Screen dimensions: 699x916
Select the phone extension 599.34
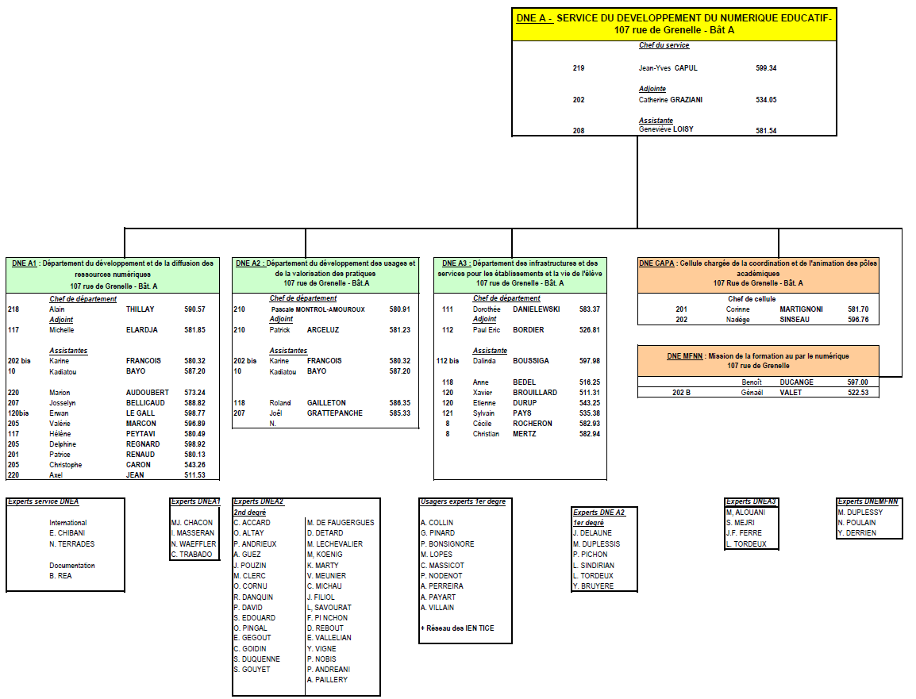point(766,68)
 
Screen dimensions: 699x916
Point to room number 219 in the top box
point(578,68)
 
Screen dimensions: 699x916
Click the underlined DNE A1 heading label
point(24,263)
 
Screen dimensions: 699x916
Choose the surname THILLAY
point(140,309)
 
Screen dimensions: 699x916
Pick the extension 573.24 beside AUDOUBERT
point(194,393)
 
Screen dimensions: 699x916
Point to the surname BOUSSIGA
point(530,361)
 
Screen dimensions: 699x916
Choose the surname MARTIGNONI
point(801,309)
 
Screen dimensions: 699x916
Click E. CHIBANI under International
point(67,533)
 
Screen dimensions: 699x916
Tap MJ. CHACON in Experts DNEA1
point(192,523)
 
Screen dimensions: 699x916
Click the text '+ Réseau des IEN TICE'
point(456,628)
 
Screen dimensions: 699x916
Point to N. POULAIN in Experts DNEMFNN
point(856,523)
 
